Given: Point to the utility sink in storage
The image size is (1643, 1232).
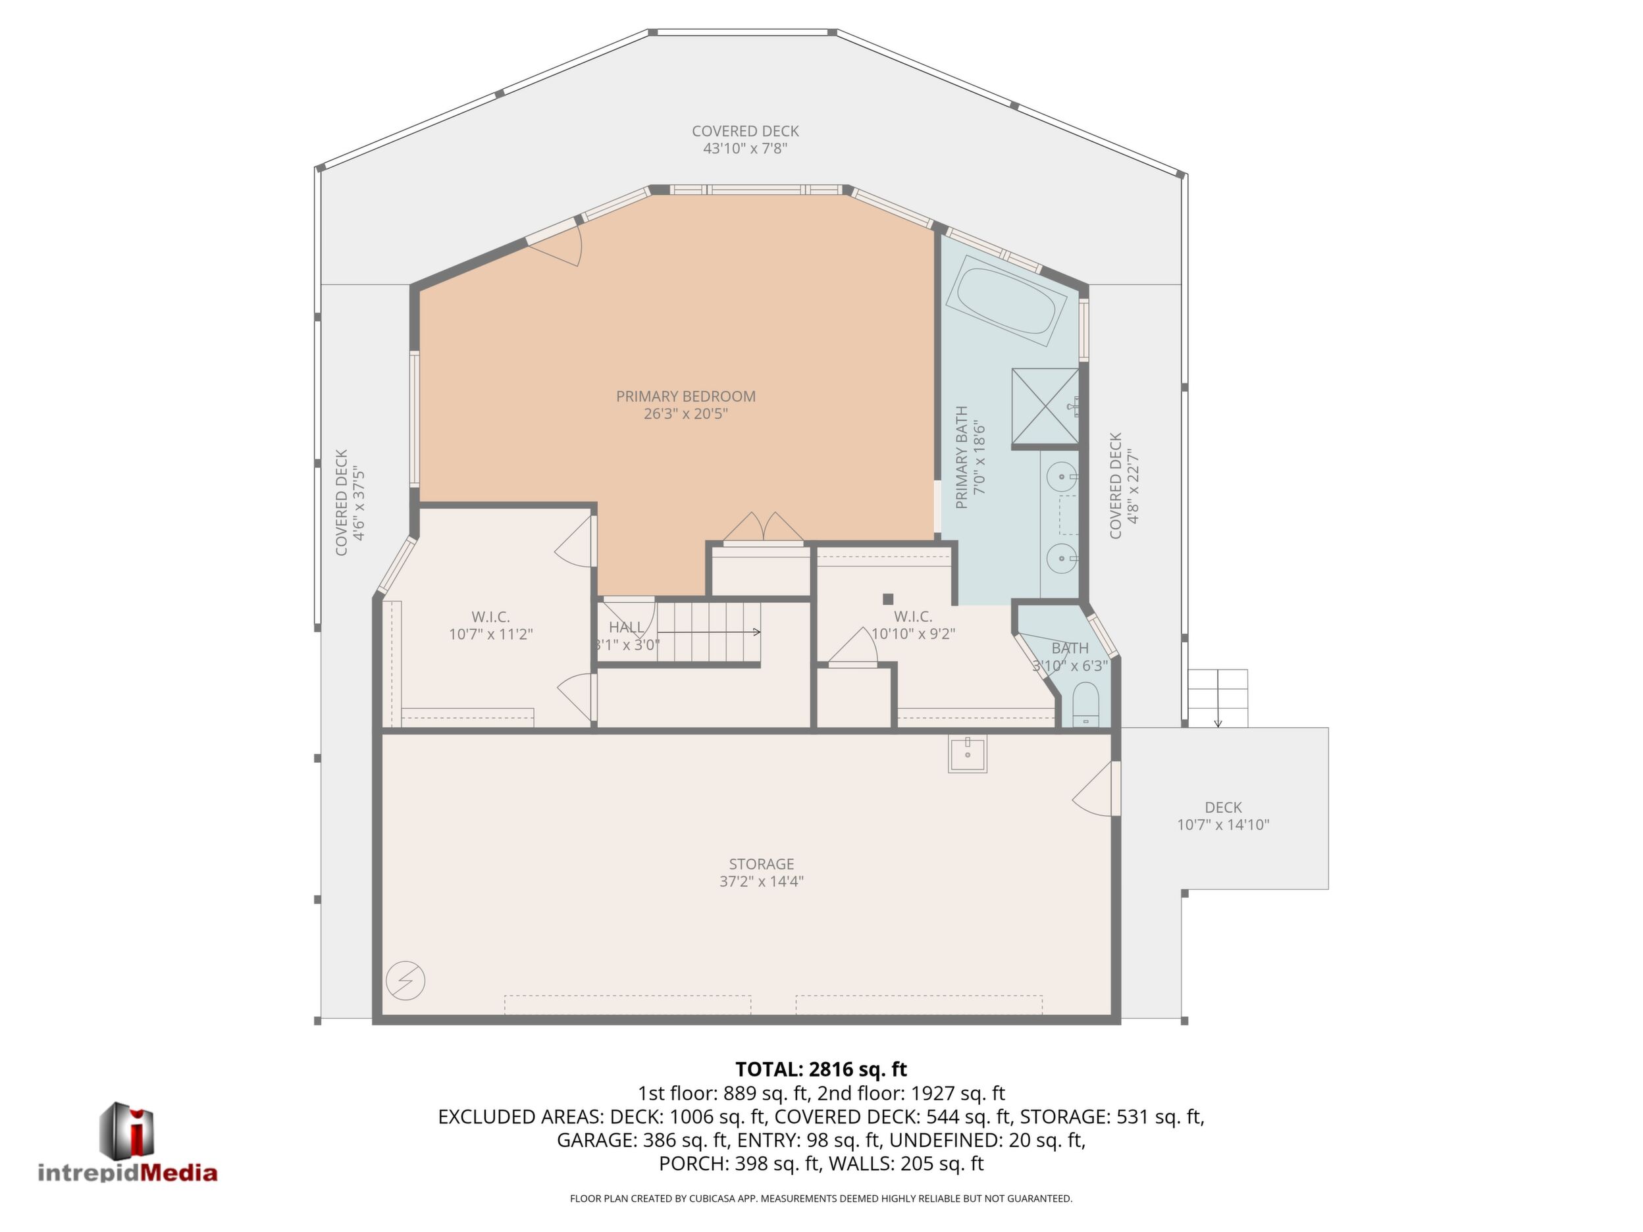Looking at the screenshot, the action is pos(967,754).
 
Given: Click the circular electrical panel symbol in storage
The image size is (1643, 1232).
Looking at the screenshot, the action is pos(405,980).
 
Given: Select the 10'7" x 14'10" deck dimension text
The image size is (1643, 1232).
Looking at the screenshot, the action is pos(1222,825).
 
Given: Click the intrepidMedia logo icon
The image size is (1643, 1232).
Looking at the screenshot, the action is pos(127,1130).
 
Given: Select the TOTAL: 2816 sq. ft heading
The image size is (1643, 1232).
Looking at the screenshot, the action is pos(821,1069).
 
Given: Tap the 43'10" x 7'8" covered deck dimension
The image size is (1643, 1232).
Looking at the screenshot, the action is pos(745,149).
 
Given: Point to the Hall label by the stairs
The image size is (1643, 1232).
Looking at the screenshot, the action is pos(626,627).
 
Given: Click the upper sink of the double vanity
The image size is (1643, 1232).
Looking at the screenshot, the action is pos(1062,476).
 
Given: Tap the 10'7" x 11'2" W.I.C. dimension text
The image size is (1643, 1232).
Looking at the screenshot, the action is pos(491,634).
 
